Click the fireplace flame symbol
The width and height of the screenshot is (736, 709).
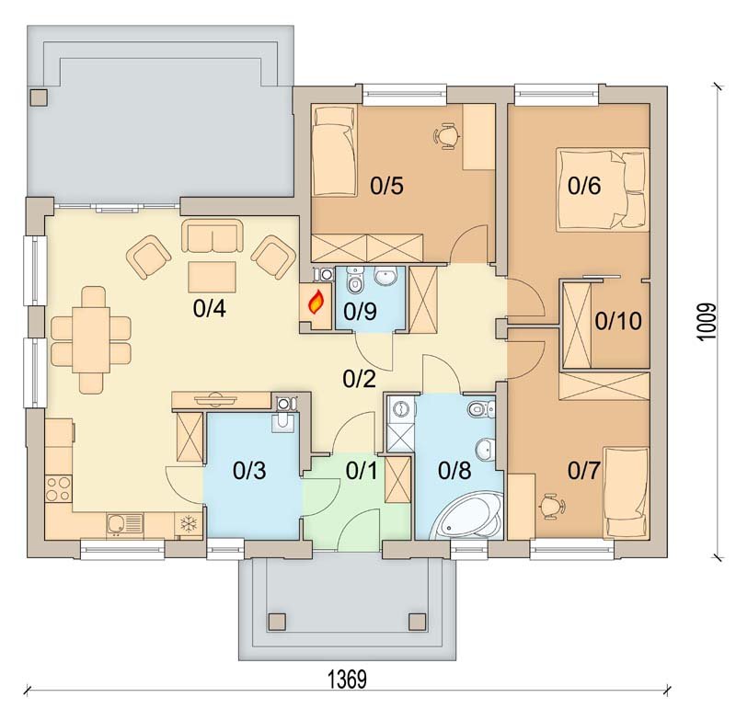[316, 302]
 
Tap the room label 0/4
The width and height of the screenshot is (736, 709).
[210, 309]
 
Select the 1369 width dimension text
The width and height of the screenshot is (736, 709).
[347, 680]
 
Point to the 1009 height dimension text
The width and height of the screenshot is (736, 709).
[707, 322]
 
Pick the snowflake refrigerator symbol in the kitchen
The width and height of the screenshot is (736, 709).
[189, 523]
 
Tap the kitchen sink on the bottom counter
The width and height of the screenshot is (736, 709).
[125, 524]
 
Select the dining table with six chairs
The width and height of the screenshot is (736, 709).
[91, 339]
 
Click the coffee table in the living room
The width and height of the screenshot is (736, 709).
[213, 277]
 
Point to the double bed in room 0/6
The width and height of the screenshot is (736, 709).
[603, 190]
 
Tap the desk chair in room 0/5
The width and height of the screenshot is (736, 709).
[445, 136]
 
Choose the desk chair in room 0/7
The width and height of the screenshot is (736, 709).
[551, 506]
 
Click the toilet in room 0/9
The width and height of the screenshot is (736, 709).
[354, 280]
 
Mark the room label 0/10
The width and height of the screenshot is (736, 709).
[618, 321]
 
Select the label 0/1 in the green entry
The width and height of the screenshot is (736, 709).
[362, 471]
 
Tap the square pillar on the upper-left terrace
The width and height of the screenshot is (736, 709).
[39, 97]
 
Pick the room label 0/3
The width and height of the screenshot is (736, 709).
[249, 471]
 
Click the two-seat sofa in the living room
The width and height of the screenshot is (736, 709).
[213, 236]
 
